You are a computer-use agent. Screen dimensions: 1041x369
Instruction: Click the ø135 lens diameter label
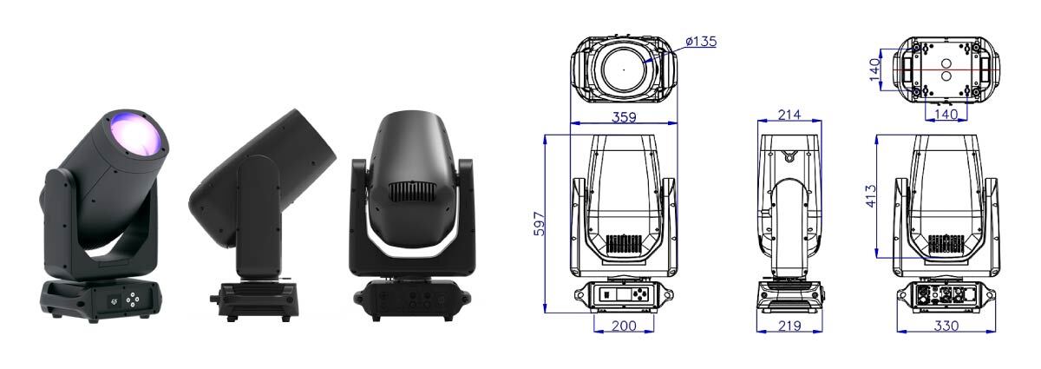(701, 42)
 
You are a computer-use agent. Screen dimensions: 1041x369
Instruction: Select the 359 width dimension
(624, 117)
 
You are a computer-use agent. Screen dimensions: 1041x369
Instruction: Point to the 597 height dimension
(539, 224)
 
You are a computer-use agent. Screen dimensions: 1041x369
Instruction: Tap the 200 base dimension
(624, 326)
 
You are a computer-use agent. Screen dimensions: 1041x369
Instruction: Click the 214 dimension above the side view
(789, 115)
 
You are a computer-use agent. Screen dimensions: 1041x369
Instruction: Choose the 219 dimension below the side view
(789, 326)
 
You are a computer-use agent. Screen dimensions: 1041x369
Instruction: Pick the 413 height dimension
(871, 196)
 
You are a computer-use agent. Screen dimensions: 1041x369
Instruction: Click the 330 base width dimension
(946, 326)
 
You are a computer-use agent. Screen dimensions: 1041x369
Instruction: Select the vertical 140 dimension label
(874, 69)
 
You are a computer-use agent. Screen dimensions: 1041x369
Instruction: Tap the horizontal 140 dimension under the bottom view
(946, 114)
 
